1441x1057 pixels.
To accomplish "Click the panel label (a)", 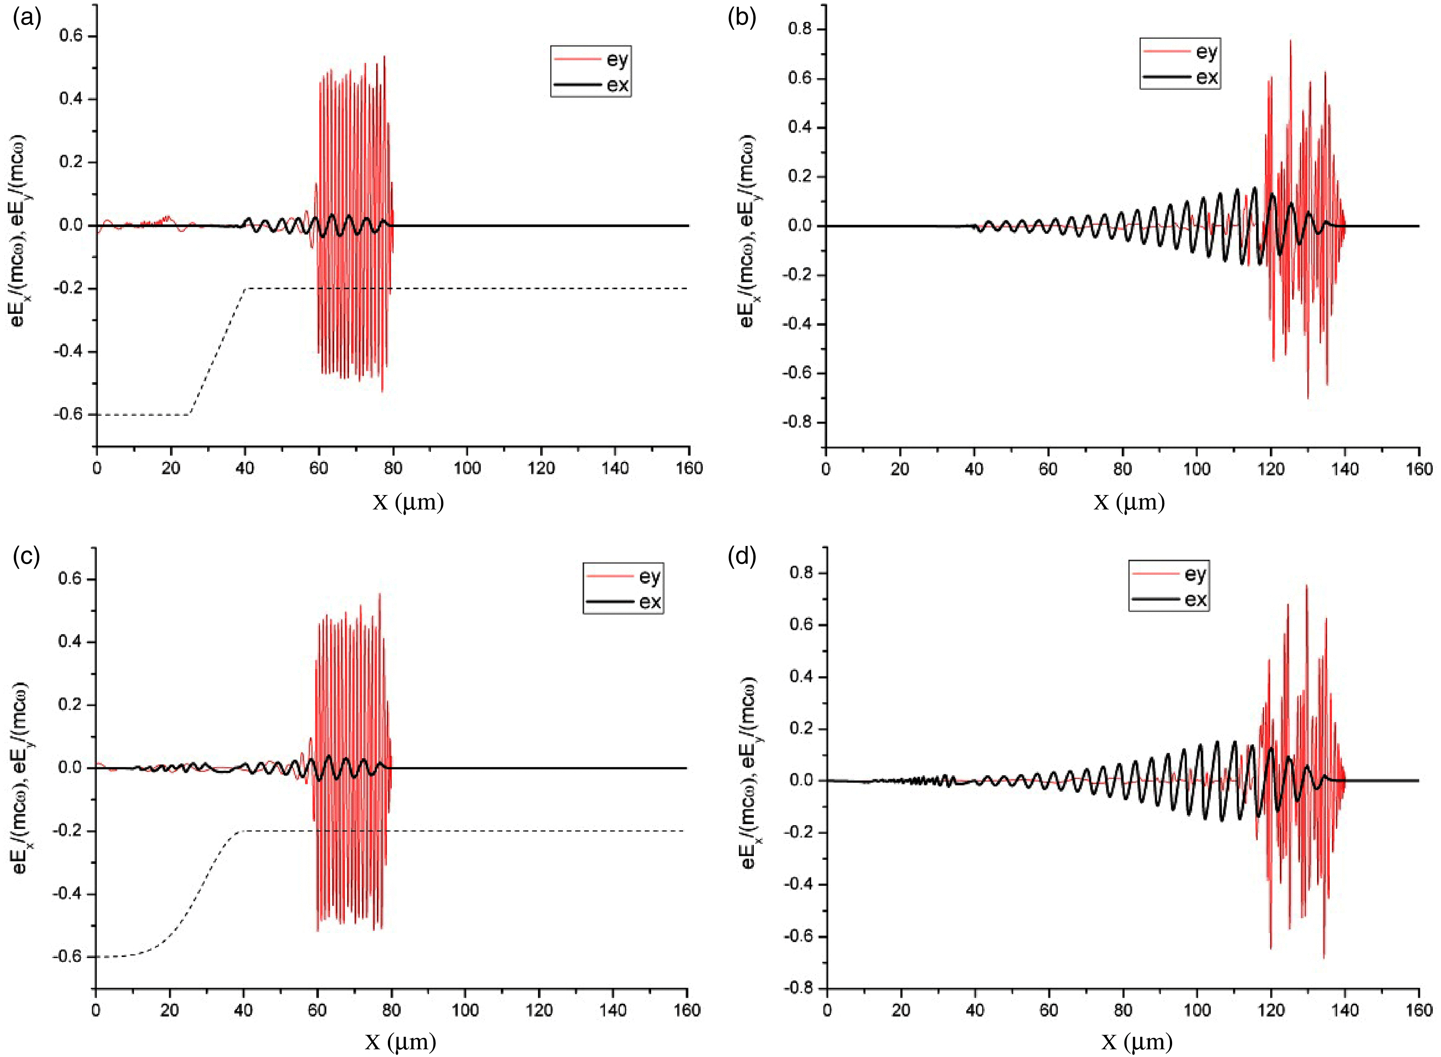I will pos(27,19).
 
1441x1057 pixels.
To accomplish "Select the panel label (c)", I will pos(27,557).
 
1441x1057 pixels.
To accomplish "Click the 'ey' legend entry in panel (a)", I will pos(617,60).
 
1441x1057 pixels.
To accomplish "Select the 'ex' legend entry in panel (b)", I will pos(1207,77).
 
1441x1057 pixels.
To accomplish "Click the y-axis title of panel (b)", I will pos(747,230).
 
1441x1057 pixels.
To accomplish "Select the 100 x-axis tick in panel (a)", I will pos(467,468).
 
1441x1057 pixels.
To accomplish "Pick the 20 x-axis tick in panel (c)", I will pos(170,1010).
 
